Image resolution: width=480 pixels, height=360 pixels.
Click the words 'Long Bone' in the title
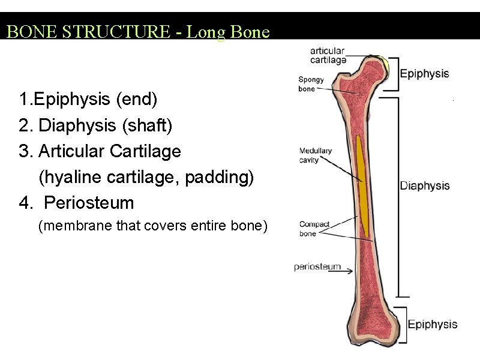tap(228, 32)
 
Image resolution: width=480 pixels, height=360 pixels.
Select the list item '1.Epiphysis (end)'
tap(88, 98)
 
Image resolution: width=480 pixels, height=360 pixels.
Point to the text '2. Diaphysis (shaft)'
tap(95, 125)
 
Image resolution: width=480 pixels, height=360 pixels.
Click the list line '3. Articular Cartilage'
tap(100, 151)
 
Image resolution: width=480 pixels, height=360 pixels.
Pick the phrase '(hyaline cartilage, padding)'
tap(146, 177)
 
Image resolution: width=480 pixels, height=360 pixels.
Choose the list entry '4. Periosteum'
tap(76, 203)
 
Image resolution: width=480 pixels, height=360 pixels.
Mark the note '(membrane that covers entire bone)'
tap(152, 226)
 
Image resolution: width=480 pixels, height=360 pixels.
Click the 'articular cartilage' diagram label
tap(328, 55)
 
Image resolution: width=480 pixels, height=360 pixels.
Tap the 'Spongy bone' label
tap(311, 84)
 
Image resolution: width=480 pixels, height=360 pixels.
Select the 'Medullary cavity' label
tap(316, 155)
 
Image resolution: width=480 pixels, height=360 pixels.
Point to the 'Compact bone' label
tap(314, 229)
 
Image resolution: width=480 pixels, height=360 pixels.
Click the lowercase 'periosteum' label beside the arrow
tap(317, 267)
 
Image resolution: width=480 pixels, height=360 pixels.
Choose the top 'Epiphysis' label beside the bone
tap(424, 74)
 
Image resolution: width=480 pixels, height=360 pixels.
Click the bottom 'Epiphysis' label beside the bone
tap(433, 325)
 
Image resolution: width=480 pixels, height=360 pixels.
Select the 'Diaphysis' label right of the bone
tap(425, 186)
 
